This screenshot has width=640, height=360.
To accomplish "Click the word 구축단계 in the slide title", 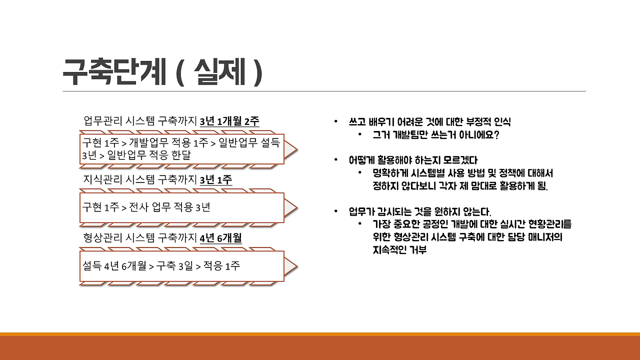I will coord(113,72).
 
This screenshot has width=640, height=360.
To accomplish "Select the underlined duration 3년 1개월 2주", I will coord(229,121).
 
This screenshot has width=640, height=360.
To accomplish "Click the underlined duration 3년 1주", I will coord(215,179).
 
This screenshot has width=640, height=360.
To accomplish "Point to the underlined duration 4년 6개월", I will coord(220,237).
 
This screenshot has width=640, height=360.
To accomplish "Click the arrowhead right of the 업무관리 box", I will coord(291,149).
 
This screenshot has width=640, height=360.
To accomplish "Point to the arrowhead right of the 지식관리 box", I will coord(291,207).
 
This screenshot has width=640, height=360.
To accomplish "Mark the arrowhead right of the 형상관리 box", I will coord(291,265).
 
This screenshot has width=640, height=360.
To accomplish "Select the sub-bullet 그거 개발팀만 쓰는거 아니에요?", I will coord(436,135).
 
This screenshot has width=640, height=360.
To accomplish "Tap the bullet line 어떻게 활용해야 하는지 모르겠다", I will coord(413,160).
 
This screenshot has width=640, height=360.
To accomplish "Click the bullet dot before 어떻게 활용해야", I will coord(336,160).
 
